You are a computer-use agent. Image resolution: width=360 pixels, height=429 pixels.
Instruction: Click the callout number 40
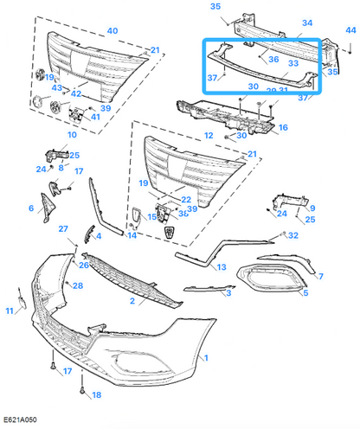[x=112, y=31]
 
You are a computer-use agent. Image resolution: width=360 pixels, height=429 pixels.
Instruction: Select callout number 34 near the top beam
[x=307, y=23]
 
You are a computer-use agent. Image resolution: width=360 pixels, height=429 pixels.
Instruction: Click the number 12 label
[x=208, y=135]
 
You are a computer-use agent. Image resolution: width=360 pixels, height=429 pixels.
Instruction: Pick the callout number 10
[x=71, y=135]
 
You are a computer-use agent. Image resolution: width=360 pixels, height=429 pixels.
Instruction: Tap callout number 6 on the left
[x=31, y=208]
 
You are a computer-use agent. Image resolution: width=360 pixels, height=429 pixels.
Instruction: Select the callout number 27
[x=63, y=228]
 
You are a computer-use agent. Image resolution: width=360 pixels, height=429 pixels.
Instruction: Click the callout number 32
[x=293, y=235]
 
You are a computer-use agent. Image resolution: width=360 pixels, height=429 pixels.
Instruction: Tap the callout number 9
[x=312, y=208]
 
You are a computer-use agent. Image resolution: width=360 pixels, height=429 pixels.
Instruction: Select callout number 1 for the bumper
[x=205, y=356]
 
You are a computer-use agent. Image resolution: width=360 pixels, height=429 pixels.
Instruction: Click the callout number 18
[x=97, y=394]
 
